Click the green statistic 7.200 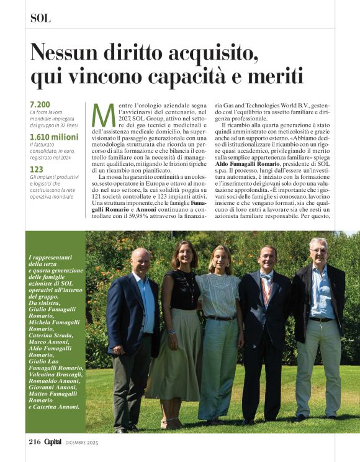[x=40, y=104]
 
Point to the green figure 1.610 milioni [x=54, y=136]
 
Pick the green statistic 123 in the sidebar [x=36, y=168]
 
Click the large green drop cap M [x=104, y=115]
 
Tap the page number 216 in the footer [x=34, y=442]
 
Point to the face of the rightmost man [x=318, y=251]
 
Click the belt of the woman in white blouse [x=221, y=317]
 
